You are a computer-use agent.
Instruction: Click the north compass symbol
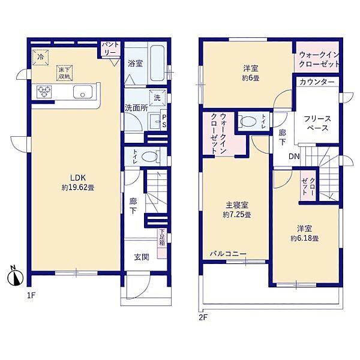coord(16,277)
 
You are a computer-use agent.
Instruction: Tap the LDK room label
coord(78,178)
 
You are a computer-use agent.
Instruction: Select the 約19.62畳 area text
coord(78,188)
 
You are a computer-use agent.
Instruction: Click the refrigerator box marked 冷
coord(40,58)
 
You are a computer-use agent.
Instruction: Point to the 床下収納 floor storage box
coord(65,73)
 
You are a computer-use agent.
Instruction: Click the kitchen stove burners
coord(44,92)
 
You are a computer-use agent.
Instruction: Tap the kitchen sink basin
coord(83,92)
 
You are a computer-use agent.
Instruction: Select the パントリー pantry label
coord(111,48)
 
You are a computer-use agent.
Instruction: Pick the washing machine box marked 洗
coord(157,98)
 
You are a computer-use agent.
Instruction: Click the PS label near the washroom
coord(164,121)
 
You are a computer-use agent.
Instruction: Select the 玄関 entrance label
coord(142,257)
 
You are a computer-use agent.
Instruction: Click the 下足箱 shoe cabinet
coord(163,244)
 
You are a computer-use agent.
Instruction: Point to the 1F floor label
coord(31,295)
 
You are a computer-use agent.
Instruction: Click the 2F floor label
coord(203,317)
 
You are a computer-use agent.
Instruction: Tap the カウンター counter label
coord(317,82)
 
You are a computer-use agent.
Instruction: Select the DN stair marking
coord(294,157)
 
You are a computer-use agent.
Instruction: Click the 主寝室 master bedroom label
coord(237,205)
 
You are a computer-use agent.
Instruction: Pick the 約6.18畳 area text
coord(304,238)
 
